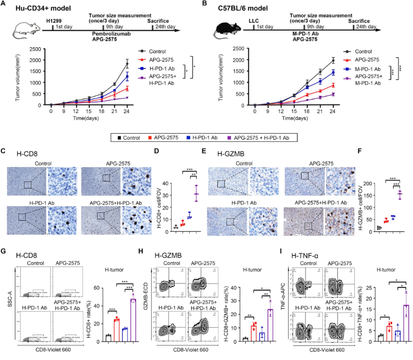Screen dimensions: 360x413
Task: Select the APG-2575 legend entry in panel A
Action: (157, 59)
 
